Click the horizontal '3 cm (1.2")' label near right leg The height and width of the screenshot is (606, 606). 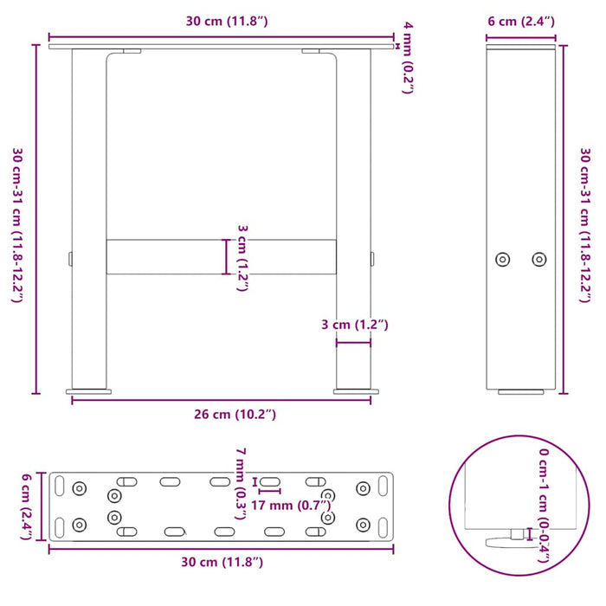(x=354, y=325)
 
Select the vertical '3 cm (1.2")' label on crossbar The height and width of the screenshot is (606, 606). (x=242, y=257)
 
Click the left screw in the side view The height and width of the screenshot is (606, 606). (x=502, y=259)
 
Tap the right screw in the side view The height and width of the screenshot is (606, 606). (x=539, y=259)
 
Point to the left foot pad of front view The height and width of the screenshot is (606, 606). (x=89, y=391)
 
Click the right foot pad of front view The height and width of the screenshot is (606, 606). (x=353, y=391)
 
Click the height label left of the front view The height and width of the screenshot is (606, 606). (x=17, y=225)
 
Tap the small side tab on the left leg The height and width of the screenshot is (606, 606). (x=69, y=258)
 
